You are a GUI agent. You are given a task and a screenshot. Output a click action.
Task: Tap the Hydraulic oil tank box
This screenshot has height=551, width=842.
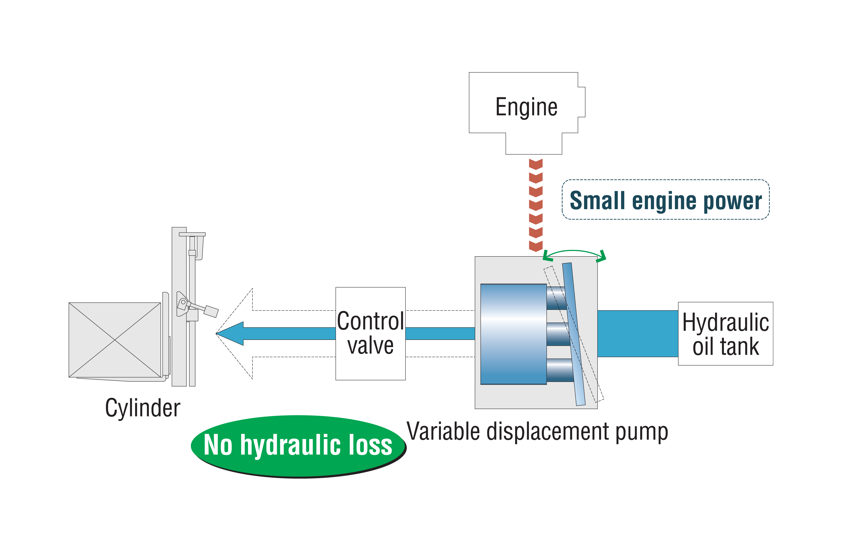click(x=725, y=334)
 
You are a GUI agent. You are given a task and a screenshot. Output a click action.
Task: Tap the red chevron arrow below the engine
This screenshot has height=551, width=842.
click(x=536, y=205)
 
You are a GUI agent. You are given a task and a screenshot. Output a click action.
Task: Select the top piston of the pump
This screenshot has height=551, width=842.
click(x=556, y=298)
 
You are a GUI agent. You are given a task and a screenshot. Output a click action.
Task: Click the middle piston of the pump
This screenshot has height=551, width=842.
click(x=558, y=334)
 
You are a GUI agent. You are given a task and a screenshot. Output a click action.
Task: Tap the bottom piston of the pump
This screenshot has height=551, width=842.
click(x=560, y=370)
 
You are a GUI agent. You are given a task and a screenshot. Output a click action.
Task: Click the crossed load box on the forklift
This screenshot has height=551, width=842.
click(x=115, y=340)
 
